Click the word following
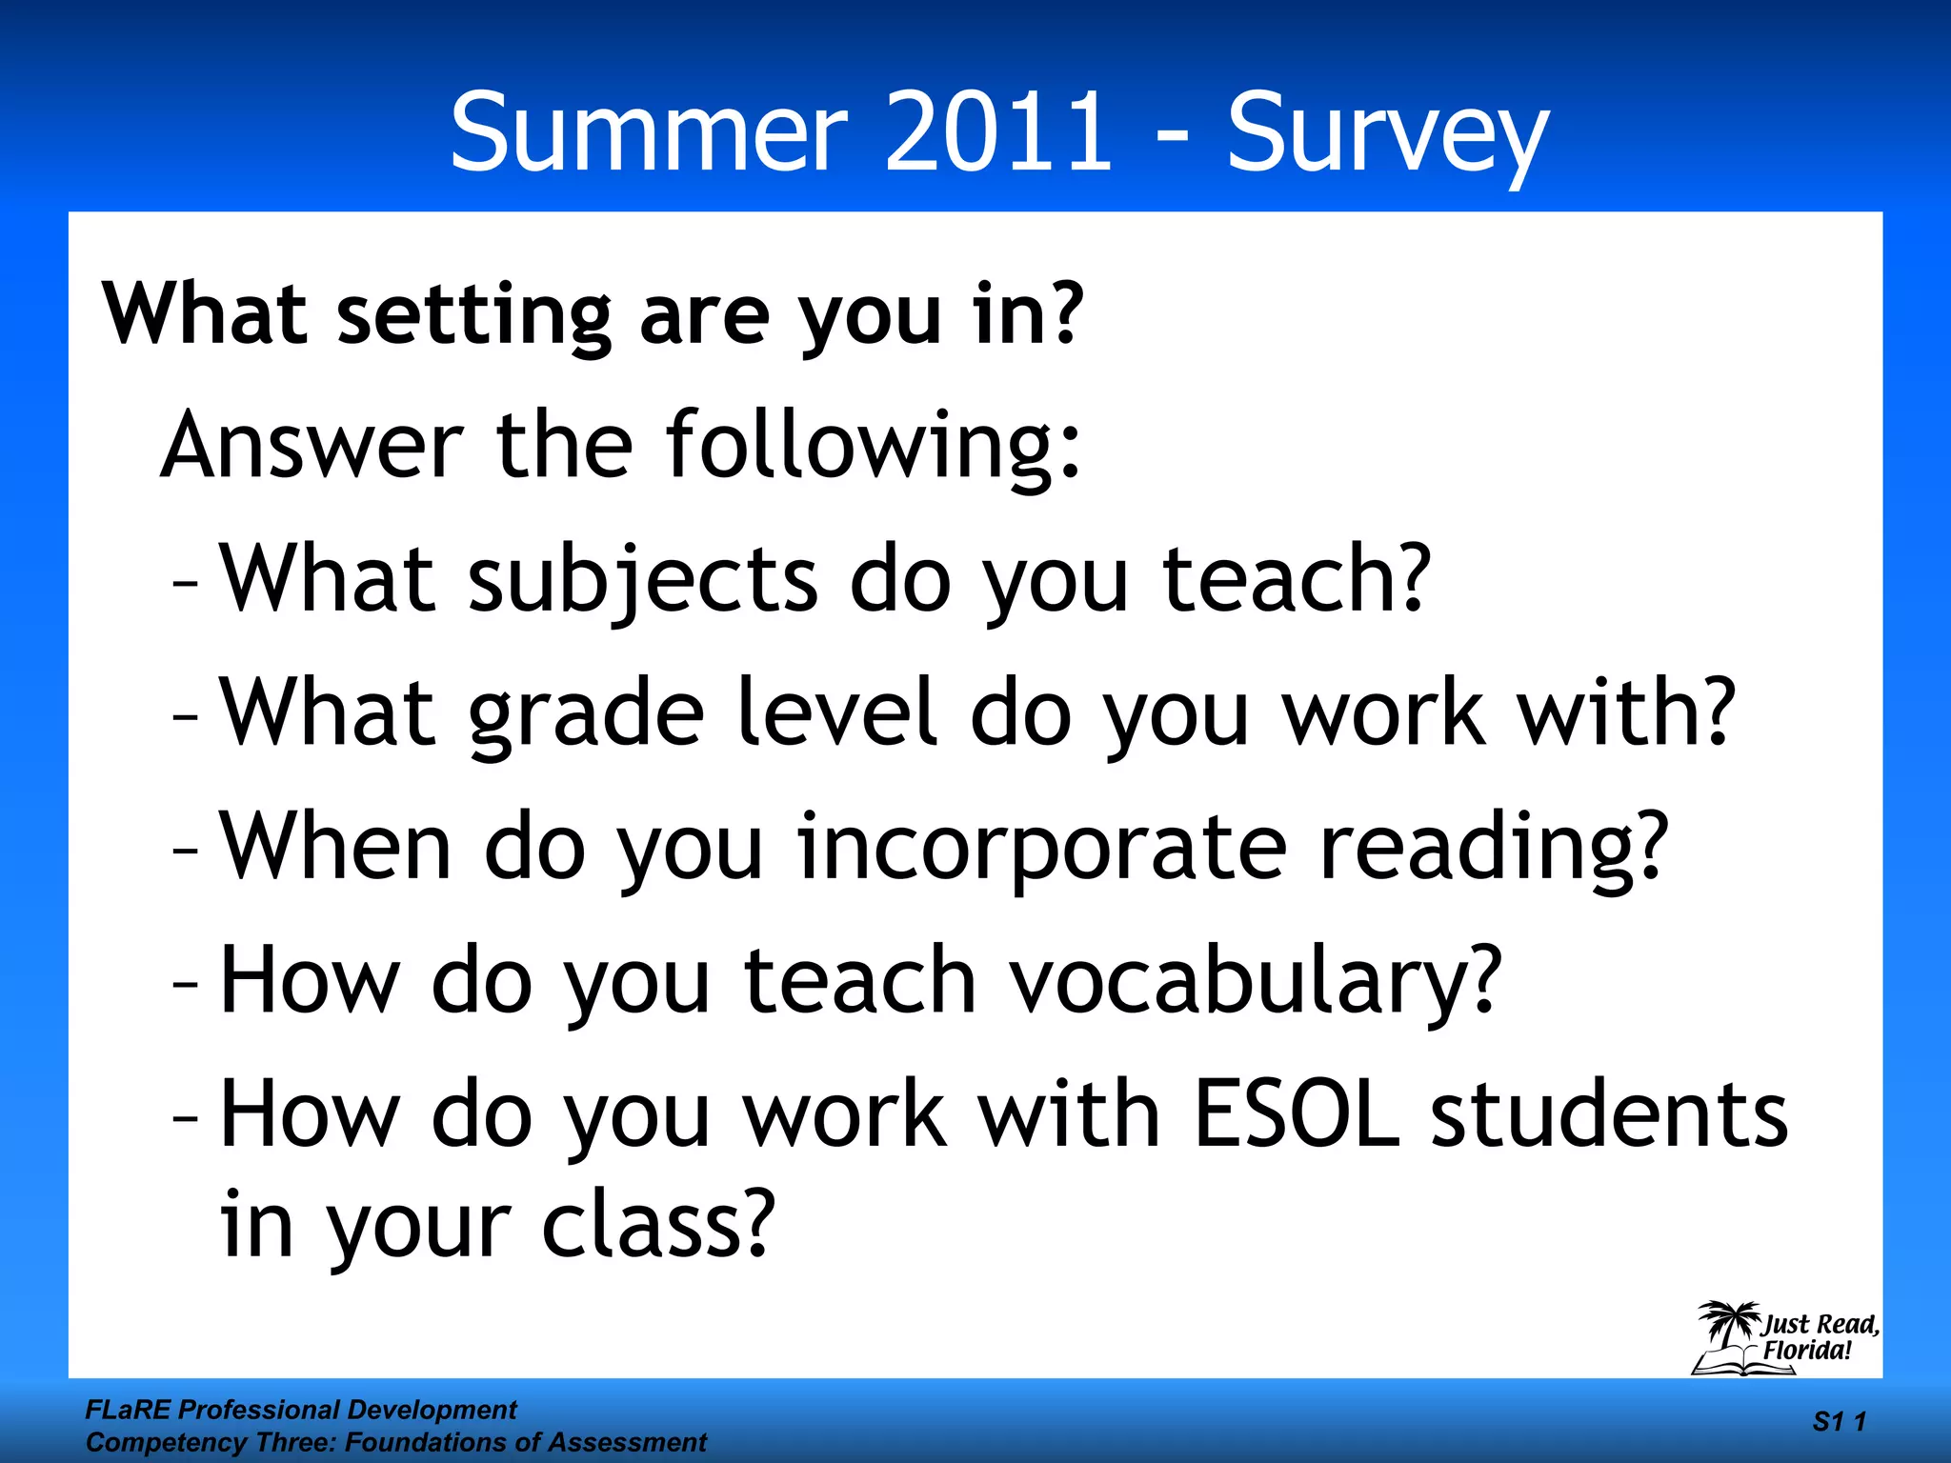[873, 447]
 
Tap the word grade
[586, 714]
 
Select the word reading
[1493, 848]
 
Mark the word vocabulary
[1255, 981]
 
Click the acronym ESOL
[1297, 1113]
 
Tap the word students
[1609, 1113]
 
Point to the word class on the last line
[657, 1224]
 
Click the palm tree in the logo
[1729, 1323]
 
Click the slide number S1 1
[1839, 1422]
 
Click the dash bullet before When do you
[186, 848]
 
